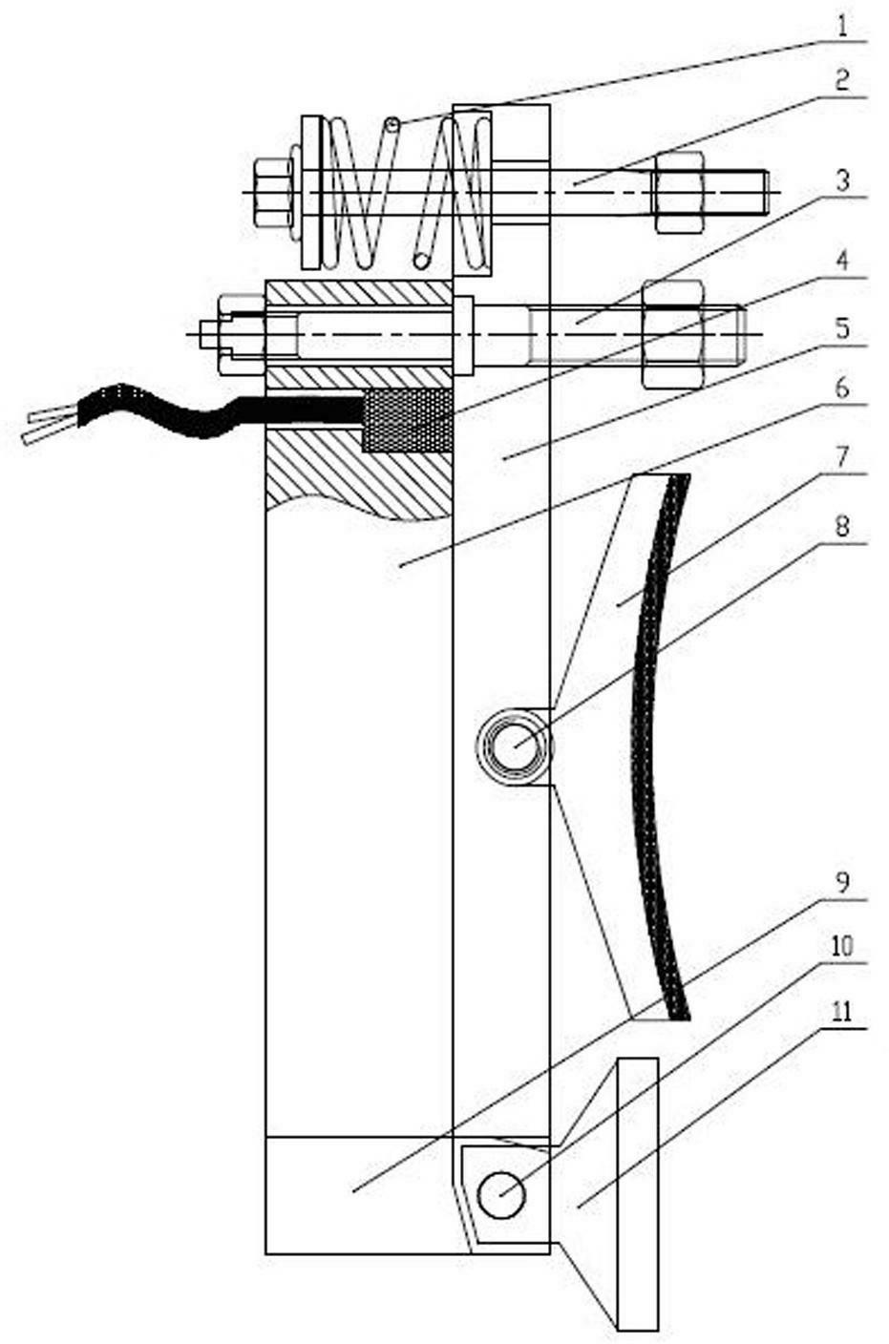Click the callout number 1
[842, 27]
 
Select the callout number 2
[842, 81]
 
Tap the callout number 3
[842, 181]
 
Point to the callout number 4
[842, 262]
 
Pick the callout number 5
[842, 329]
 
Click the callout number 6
[842, 389]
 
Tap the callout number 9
[842, 883]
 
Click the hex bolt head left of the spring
[271, 192]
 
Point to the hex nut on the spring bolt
[680, 192]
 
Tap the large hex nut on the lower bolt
[673, 333]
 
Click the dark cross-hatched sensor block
[407, 419]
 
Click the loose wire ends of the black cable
[51, 423]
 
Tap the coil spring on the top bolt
[408, 192]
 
